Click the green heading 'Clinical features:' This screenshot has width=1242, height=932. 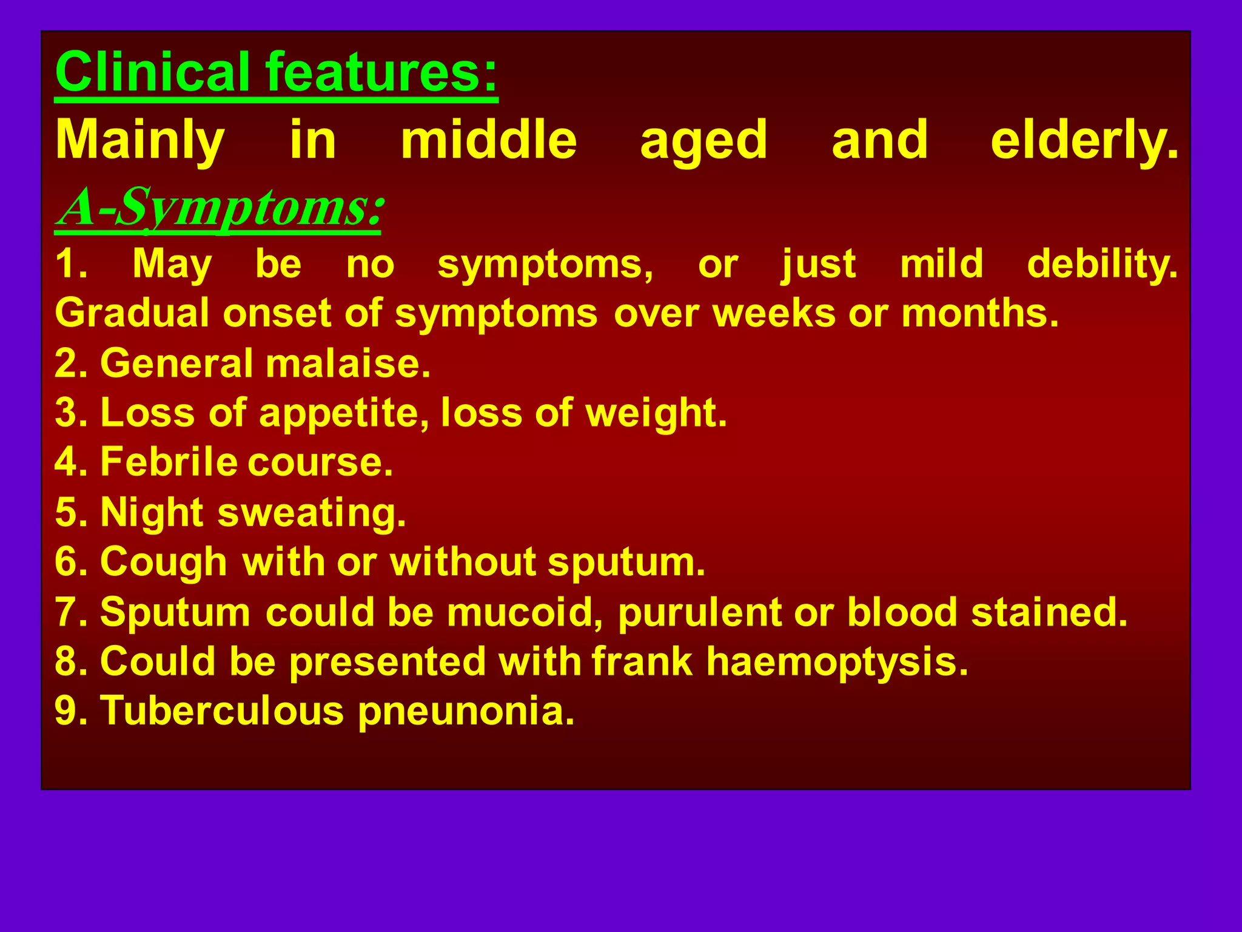[276, 73]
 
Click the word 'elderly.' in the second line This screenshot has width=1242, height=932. [1084, 141]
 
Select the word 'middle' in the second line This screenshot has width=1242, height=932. [489, 141]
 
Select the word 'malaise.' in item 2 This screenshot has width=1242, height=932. [348, 364]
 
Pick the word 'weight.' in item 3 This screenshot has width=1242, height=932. [656, 414]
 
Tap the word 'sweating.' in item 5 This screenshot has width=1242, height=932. [312, 513]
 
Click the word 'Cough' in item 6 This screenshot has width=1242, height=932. [163, 562]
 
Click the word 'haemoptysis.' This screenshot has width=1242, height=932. [837, 661]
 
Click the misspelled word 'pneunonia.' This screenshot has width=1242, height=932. [466, 711]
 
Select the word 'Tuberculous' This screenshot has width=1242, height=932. [222, 711]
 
